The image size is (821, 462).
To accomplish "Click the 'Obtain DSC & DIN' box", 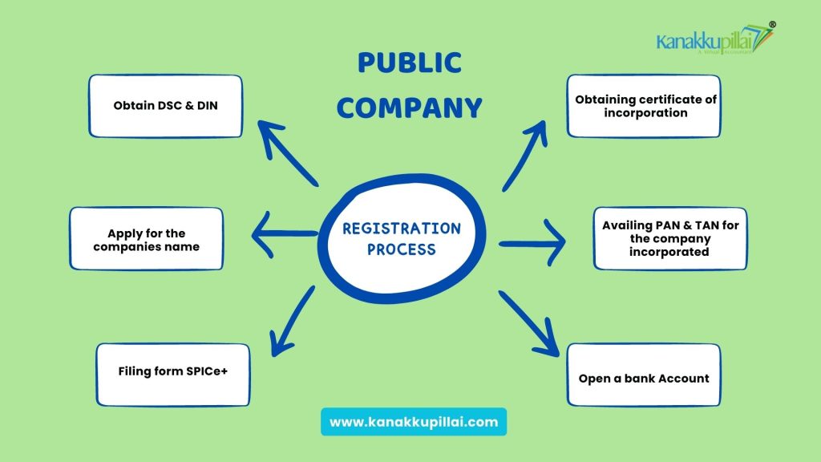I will [165, 106].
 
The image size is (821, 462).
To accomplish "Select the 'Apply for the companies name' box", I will [146, 240].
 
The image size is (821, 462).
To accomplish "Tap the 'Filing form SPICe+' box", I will [173, 373].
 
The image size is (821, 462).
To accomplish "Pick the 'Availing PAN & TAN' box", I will [670, 238].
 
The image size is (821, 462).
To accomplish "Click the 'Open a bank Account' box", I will [644, 378].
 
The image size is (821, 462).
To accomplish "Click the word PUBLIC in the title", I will [410, 62].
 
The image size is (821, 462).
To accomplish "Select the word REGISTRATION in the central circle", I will [402, 229].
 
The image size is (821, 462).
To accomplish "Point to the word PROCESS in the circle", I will [402, 249].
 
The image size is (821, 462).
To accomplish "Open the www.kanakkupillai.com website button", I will [414, 421].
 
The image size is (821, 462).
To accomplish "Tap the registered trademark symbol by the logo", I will [772, 25].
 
